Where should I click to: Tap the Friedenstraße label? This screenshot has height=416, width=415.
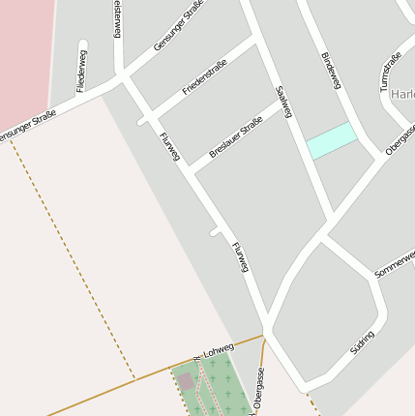204,77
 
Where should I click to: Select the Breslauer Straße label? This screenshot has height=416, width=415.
236,137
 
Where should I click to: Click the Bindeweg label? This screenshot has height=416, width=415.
331,72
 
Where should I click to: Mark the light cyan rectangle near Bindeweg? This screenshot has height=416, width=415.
331,140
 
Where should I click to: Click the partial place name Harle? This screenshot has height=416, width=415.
401,95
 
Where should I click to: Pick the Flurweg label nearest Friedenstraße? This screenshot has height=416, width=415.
169,145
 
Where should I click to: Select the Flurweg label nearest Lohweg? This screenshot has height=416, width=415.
241,258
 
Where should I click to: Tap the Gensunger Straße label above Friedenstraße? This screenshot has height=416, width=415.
179,31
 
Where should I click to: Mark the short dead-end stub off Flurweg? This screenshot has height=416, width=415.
216,232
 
